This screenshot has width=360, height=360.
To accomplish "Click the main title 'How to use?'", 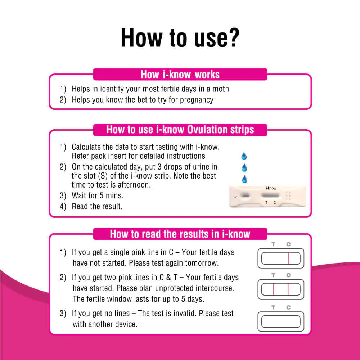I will click(180, 37).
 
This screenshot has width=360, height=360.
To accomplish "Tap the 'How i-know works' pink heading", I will click(180, 75).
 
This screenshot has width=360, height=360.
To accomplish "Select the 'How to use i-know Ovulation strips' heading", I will click(180, 130).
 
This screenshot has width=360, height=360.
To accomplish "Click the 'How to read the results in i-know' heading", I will click(180, 234).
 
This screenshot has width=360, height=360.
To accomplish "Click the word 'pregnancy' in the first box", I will click(197, 100).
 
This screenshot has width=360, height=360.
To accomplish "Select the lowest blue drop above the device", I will click(244, 179).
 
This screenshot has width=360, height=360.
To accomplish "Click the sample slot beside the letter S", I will click(246, 196).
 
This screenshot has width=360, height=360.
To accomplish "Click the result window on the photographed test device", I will click(270, 195).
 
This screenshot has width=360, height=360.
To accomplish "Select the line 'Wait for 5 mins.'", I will click(97, 196).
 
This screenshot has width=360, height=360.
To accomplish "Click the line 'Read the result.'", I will click(97, 207).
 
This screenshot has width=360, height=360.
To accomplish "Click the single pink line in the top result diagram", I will click(288, 258).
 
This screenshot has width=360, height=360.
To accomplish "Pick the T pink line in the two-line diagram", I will click(273, 289).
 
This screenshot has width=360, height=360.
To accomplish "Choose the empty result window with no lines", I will click(281, 321).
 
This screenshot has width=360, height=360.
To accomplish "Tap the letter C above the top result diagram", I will click(288, 244).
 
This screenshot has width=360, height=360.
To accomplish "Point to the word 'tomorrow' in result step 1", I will click(202, 263).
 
